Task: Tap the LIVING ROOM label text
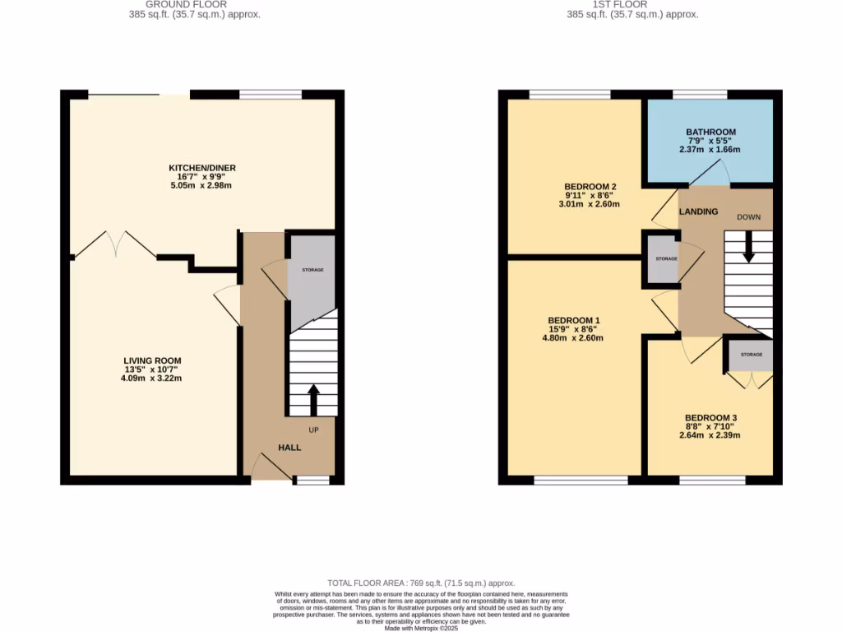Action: pos(152,360)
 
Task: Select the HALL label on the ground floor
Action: pos(289,448)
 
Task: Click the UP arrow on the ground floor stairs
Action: pos(313,398)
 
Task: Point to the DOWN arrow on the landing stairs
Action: pos(748,248)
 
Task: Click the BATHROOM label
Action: pos(710,132)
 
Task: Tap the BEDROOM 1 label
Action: pos(574,320)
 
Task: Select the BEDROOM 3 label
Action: pos(710,418)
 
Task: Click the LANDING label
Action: pos(698,211)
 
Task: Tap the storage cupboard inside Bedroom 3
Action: pos(751,355)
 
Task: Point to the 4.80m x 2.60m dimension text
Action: pos(574,338)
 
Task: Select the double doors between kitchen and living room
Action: pos(115,245)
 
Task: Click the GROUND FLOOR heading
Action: pos(196,5)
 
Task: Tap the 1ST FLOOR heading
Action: pos(633,5)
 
